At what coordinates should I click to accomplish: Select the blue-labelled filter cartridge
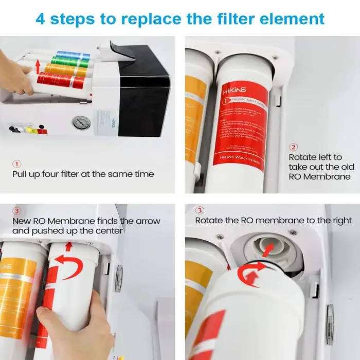point(74,55)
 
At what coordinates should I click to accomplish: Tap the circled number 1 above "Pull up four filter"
point(16,164)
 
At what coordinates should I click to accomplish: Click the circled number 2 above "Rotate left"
point(294,147)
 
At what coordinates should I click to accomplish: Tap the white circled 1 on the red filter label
point(225,103)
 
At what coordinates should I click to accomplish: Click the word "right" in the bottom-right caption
point(340,220)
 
